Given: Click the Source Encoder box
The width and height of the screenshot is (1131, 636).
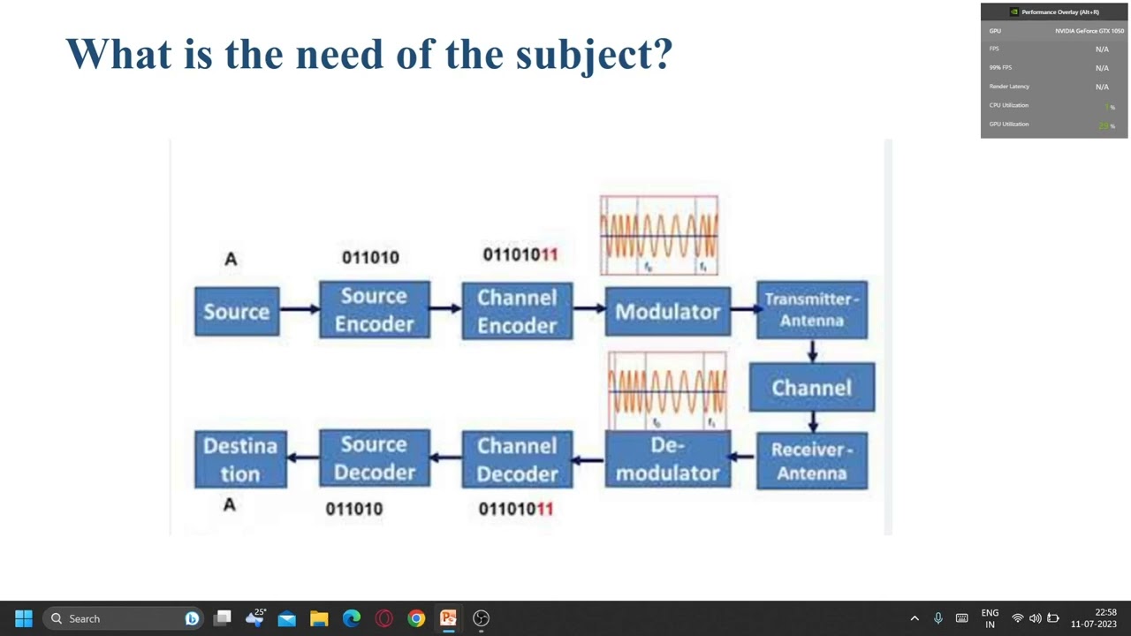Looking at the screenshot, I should (x=375, y=310).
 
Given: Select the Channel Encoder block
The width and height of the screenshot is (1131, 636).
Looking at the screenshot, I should (x=517, y=311).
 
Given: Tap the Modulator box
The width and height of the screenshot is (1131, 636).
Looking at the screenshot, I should (x=667, y=312).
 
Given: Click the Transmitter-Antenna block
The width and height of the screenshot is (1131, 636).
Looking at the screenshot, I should (x=811, y=310).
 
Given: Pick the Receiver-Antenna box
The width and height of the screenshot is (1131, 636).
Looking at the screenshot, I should (x=811, y=461).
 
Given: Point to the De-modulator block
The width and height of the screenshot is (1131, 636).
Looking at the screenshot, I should (x=667, y=459).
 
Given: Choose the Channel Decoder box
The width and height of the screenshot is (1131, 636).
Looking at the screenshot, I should (x=517, y=459).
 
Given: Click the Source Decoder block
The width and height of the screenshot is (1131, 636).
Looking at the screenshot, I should (x=375, y=458).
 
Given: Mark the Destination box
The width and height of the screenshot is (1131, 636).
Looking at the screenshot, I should (x=240, y=459).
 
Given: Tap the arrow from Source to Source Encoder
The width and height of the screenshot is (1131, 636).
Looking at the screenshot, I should (x=300, y=309).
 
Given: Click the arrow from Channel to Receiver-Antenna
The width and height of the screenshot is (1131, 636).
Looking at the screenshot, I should (x=812, y=422).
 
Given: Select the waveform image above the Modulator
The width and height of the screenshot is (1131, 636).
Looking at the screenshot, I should (x=659, y=235).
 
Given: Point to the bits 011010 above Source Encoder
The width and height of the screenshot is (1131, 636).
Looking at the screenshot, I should (x=370, y=257).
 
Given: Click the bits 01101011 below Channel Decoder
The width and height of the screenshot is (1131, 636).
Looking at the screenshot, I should (x=515, y=509).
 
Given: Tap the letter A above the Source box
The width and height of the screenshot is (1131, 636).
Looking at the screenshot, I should (x=231, y=259).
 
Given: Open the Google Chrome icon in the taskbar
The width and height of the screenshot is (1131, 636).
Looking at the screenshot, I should (x=416, y=618).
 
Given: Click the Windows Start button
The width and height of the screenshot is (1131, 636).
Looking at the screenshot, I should (x=24, y=618).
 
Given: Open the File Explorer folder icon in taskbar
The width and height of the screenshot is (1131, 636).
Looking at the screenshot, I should (x=319, y=618).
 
